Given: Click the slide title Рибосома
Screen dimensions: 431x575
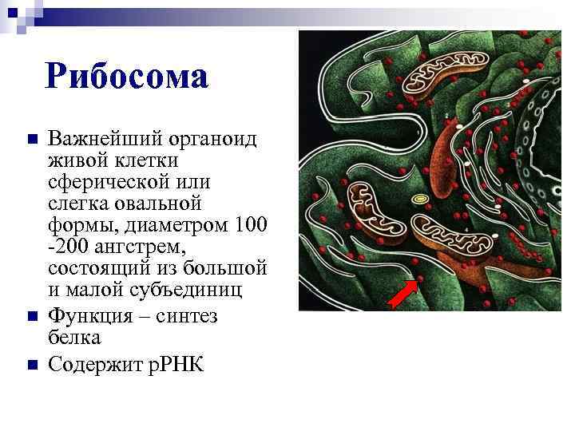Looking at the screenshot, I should [128, 77].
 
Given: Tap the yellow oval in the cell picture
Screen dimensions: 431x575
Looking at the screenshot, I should [418, 198].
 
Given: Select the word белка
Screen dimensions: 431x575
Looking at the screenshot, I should [74, 338].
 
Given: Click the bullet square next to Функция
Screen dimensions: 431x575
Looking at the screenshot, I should [32, 316].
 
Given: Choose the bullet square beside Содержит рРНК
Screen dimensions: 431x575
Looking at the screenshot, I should [32, 365].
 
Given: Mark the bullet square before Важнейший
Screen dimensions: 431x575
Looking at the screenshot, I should [32, 140].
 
